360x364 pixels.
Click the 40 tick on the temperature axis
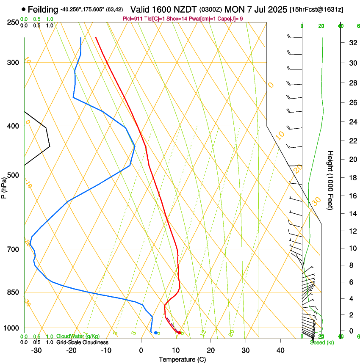pos(280,350)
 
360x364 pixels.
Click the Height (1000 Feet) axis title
pos(330,180)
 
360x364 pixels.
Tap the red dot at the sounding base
pos(179,333)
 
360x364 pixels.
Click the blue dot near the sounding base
pos(156,333)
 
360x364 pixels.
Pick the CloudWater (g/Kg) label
pos(78,336)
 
